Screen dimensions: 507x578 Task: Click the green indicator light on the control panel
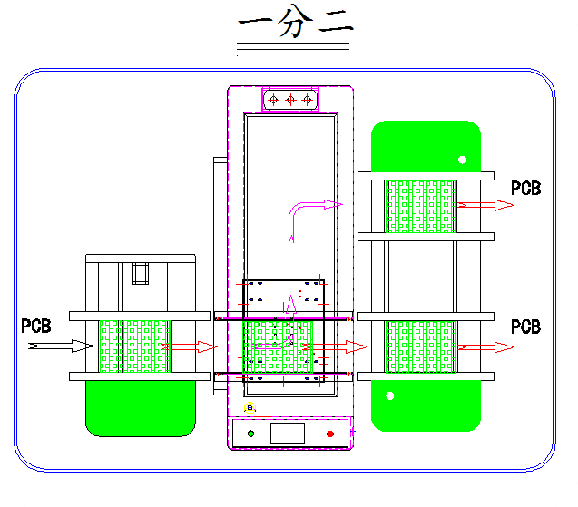[251, 434]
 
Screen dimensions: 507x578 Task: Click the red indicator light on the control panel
[330, 434]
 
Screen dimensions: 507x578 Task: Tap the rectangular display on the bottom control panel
[287, 433]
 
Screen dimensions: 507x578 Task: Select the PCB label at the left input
[36, 326]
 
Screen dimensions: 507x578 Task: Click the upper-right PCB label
[526, 189]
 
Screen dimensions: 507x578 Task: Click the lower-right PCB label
[526, 327]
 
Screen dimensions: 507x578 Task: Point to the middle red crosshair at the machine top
[290, 99]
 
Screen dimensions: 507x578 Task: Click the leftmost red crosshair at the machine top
[274, 99]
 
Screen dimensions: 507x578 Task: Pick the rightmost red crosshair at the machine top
[307, 99]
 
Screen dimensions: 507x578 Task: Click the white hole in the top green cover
[462, 161]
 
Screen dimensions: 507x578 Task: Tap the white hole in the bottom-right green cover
[390, 395]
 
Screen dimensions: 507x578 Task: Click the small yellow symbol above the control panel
[251, 407]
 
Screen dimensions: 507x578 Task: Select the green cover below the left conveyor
[141, 407]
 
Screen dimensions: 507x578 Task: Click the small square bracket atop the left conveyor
[141, 272]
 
